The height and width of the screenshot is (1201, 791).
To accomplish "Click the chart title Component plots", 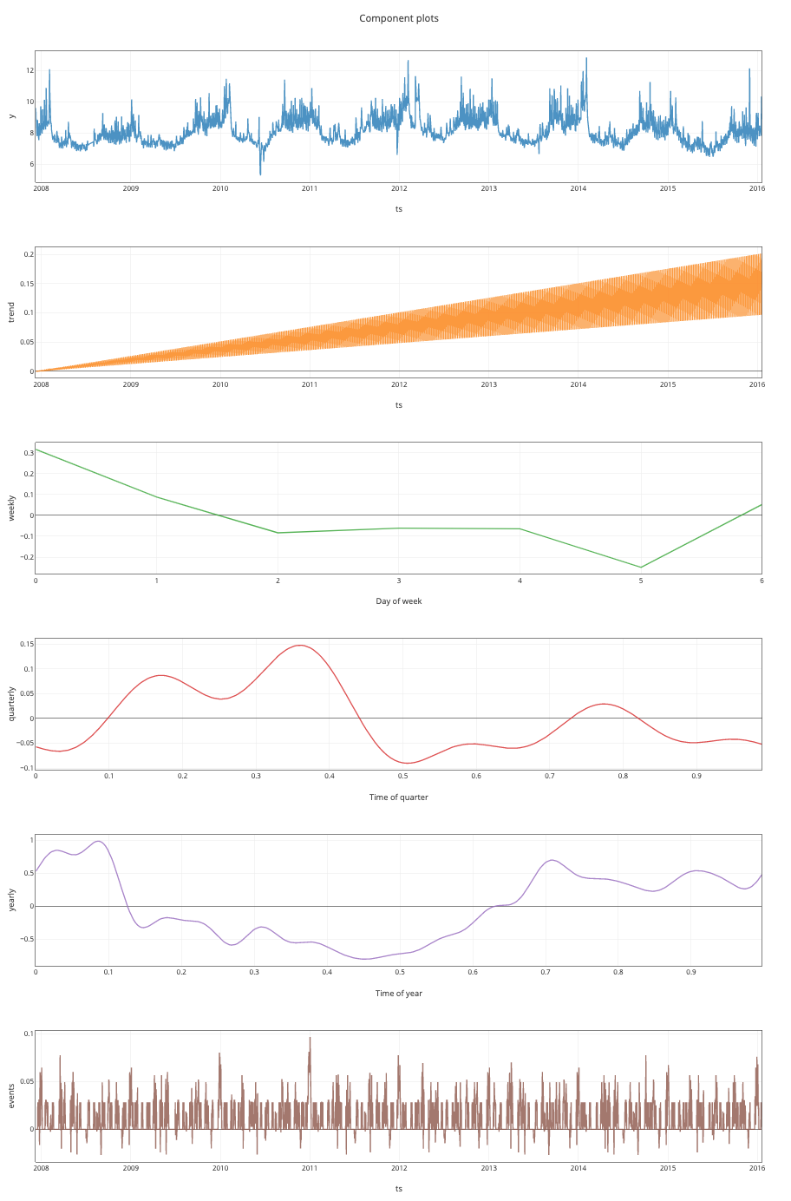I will pyautogui.click(x=398, y=18).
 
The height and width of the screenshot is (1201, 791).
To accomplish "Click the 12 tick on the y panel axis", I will pyautogui.click(x=29, y=70).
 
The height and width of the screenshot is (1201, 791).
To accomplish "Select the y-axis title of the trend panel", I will pyautogui.click(x=11, y=312).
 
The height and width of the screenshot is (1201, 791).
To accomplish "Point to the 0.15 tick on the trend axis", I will pyautogui.click(x=28, y=283).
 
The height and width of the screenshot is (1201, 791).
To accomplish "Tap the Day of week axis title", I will pyautogui.click(x=398, y=600).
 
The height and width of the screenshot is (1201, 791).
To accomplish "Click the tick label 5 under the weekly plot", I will pyautogui.click(x=641, y=580).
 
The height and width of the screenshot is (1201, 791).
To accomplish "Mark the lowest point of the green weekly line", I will pyautogui.click(x=641, y=568).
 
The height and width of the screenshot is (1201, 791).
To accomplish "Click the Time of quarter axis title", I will pyautogui.click(x=398, y=797).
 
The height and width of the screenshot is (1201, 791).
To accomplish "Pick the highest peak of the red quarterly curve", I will pyautogui.click(x=300, y=646).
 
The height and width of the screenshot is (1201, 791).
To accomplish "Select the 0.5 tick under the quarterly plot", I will pyautogui.click(x=403, y=776).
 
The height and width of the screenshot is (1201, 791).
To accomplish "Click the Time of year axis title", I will pyautogui.click(x=398, y=993).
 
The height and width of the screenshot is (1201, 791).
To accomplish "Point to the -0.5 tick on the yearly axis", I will pyautogui.click(x=26, y=939).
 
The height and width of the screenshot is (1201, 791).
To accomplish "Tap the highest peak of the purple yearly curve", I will pyautogui.click(x=99, y=841).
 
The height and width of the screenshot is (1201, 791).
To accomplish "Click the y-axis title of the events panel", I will pyautogui.click(x=11, y=1096).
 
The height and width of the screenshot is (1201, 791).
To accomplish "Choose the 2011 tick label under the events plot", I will pyautogui.click(x=310, y=1168).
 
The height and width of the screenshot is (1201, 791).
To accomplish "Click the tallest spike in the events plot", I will pyautogui.click(x=310, y=1038).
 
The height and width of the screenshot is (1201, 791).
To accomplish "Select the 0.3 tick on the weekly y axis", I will pyautogui.click(x=29, y=452).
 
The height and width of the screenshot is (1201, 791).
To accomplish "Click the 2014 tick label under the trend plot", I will pyautogui.click(x=578, y=384).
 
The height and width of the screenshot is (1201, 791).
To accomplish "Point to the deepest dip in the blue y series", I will pyautogui.click(x=261, y=174).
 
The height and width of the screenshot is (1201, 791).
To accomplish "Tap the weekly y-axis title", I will pyautogui.click(x=11, y=508).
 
